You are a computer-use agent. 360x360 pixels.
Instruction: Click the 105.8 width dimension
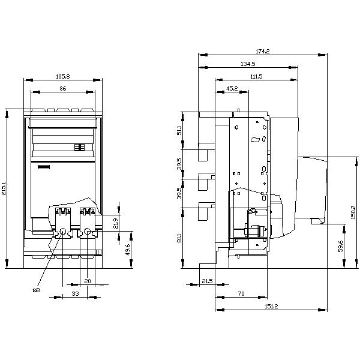62,77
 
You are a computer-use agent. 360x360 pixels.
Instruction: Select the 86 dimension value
62,89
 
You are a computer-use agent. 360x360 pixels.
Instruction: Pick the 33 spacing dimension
75,293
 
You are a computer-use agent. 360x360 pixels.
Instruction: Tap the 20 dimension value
87,281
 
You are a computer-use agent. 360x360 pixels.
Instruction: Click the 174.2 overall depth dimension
262,52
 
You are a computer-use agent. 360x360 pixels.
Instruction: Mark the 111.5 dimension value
256,77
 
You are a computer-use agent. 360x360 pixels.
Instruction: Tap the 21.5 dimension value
207,281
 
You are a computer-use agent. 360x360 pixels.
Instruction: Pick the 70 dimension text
240,293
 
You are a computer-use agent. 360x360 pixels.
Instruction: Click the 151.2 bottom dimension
271,307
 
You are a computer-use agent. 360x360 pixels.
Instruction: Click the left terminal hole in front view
63,232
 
